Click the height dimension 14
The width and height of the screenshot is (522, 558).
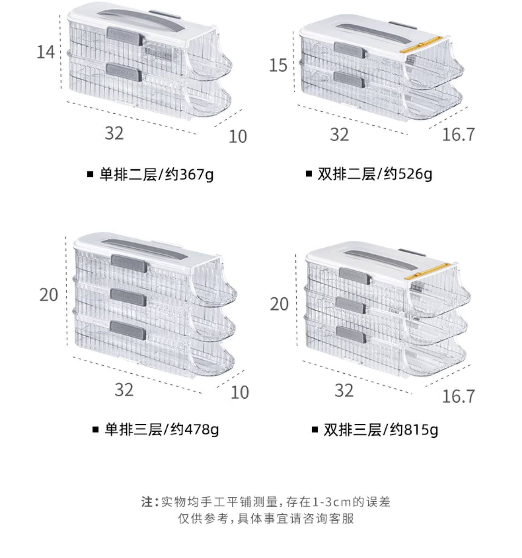coord(46,52)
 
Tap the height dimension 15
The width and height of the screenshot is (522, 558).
coord(278,65)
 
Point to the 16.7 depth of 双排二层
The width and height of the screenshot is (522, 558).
coord(458,135)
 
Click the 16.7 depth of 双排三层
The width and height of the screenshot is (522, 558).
coord(458,396)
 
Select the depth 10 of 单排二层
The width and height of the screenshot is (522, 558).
coord(238,137)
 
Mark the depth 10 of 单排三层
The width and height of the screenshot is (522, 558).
coord(240,392)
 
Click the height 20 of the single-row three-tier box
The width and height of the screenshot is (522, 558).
coord(48,295)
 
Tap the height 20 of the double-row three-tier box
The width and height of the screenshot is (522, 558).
coord(279,304)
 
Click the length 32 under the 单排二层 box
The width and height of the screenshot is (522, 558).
coord(114,133)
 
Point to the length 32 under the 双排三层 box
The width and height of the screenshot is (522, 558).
coord(344,390)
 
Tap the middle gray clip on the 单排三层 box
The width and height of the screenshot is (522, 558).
coord(127,296)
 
